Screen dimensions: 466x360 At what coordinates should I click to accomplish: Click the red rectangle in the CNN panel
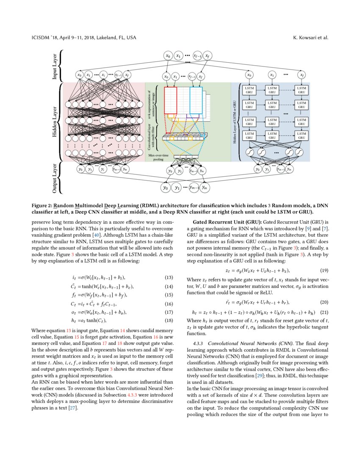pyautogui.click(x=170, y=100)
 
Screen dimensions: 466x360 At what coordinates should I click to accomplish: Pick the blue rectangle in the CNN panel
pyautogui.click(x=196, y=100)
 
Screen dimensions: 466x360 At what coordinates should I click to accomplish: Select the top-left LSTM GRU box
pyautogui.click(x=249, y=90)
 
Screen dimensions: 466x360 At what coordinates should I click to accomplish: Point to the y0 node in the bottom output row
pyautogui.click(x=166, y=187)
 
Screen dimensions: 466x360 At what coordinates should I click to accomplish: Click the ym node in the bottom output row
pyautogui.click(x=205, y=187)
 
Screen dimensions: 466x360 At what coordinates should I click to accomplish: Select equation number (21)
pyautogui.click(x=324, y=313)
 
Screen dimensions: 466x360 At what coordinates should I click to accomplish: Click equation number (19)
pyautogui.click(x=324, y=270)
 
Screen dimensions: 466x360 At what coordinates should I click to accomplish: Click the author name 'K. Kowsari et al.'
pyautogui.click(x=310, y=38)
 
